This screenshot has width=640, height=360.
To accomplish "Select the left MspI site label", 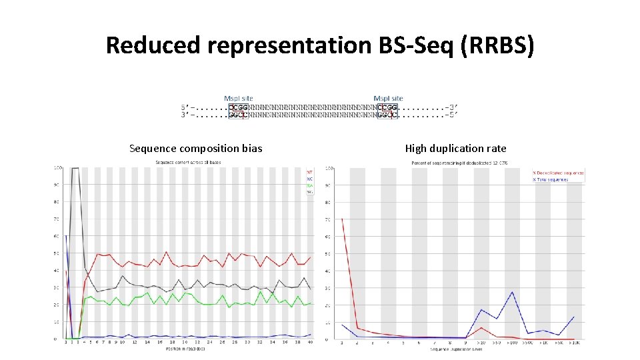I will (238, 99).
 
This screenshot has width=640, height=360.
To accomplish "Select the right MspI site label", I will (388, 99).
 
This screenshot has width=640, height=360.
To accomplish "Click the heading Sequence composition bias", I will (195, 149).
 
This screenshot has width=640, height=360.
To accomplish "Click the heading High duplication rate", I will (455, 149).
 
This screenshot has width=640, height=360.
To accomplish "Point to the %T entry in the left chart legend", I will (309, 171).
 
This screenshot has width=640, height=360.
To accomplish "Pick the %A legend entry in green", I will (309, 185).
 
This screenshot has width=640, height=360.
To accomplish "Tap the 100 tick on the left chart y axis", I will (58, 167).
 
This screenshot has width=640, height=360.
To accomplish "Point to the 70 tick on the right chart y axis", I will (328, 219).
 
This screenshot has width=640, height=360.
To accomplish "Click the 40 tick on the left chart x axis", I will (309, 343).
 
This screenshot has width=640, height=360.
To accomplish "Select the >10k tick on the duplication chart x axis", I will (574, 343).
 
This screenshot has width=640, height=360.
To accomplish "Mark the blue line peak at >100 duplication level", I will (512, 292).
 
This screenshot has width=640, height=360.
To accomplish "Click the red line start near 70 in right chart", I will (342, 219).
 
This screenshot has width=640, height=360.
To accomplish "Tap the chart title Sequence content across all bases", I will (188, 163).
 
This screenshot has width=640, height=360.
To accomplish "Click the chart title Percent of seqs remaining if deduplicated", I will (460, 163).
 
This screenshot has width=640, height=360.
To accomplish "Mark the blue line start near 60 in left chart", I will (66, 236).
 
